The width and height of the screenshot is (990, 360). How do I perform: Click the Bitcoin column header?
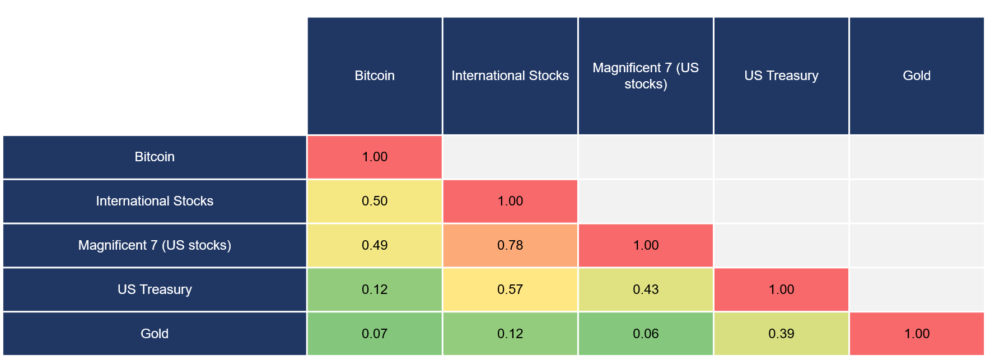point(375,76)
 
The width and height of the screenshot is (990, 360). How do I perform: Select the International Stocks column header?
point(510,76)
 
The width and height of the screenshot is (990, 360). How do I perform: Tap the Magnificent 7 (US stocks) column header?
point(646,76)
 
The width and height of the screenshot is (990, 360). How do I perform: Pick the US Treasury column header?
point(781,76)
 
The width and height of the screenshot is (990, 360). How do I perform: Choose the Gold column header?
point(917,76)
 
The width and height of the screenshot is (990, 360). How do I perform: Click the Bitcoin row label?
point(155,157)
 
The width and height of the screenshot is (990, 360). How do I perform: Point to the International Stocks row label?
point(155,201)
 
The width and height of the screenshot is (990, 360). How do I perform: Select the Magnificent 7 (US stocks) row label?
point(155,245)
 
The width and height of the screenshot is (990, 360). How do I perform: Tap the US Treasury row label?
point(155,289)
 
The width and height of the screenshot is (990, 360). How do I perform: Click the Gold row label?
point(155,334)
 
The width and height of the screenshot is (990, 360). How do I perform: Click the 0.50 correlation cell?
point(375,201)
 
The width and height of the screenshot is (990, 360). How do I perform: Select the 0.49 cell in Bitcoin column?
point(375,245)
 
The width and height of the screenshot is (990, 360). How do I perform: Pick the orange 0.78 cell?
point(510,245)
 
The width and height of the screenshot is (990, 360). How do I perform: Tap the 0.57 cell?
point(510,289)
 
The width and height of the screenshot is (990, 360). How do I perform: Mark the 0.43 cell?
point(646,289)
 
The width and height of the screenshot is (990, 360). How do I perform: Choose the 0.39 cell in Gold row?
point(781,334)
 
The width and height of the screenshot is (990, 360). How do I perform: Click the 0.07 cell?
point(375,334)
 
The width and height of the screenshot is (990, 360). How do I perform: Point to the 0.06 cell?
point(646,334)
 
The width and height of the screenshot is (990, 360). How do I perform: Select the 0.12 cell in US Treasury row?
point(375,289)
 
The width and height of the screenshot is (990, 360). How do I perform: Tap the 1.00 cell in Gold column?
point(917,334)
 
